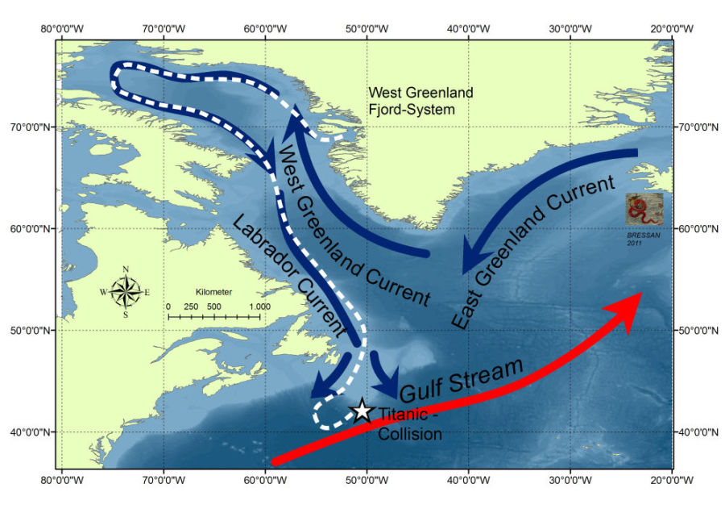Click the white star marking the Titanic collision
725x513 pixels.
[362, 411]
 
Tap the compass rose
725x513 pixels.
[126, 291]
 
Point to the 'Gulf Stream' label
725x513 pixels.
[462, 380]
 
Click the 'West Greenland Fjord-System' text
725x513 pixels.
[420, 101]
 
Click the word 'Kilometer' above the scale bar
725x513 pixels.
[213, 291]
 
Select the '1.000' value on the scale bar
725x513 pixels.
[259, 307]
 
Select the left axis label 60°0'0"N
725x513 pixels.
[28, 228]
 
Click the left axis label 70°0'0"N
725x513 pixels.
[28, 127]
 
